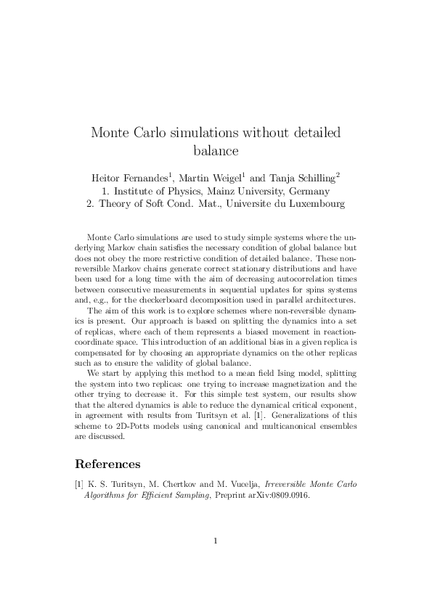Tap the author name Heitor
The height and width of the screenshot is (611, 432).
tap(110, 177)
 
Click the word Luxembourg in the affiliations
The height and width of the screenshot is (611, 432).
tap(314, 205)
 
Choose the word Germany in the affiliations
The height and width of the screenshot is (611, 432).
tap(309, 192)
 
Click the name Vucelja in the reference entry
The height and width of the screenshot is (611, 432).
tap(241, 483)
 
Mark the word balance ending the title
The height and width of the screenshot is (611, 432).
tap(216, 152)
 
